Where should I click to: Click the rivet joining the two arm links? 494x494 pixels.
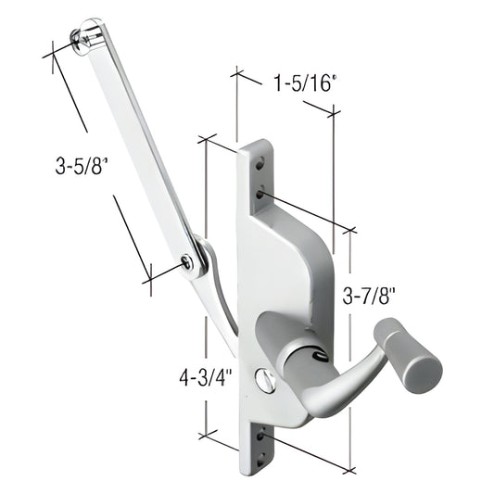[189, 262]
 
